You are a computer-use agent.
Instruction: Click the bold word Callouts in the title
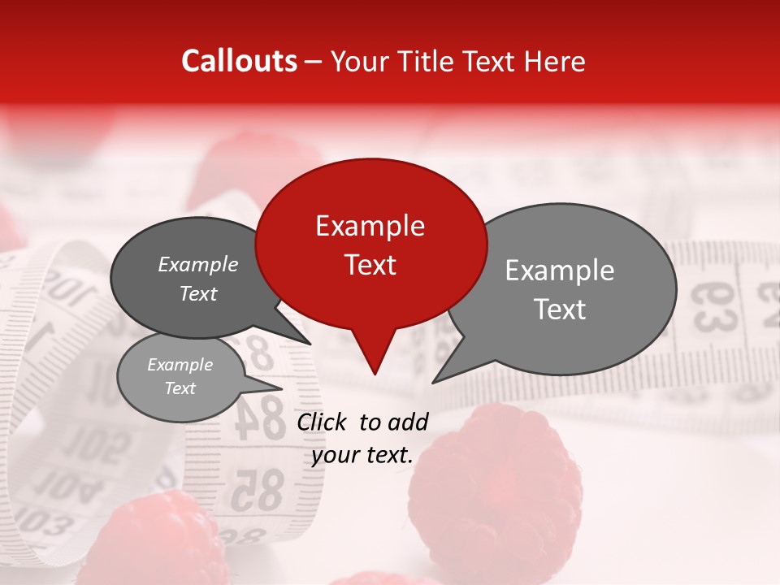239,61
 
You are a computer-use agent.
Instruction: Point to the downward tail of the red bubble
374,357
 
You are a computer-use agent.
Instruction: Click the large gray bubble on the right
569,288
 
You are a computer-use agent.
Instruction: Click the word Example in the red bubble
370,226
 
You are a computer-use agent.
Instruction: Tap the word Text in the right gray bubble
561,310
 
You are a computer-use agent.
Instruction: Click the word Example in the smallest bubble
180,366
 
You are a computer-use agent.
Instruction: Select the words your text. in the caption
362,455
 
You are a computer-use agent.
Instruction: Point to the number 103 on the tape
41,520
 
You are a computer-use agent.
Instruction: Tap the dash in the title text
314,62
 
